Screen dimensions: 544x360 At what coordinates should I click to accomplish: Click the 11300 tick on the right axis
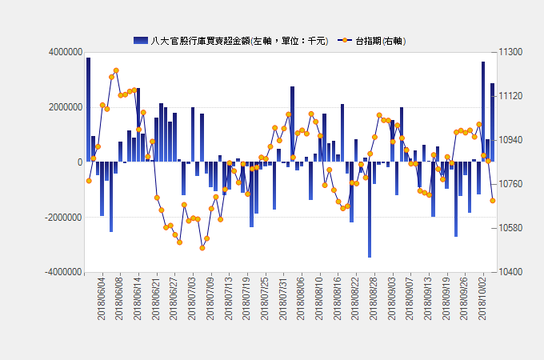(x=510, y=52)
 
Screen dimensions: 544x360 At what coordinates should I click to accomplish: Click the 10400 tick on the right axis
(x=510, y=272)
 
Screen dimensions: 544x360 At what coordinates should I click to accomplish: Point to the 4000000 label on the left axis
(x=66, y=52)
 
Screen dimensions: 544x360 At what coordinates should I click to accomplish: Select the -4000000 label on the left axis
(x=64, y=272)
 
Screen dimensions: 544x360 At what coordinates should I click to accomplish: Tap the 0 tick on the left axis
(x=80, y=162)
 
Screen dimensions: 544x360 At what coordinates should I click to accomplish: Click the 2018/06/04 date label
(x=102, y=298)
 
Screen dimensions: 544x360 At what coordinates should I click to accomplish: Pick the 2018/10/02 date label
(x=482, y=298)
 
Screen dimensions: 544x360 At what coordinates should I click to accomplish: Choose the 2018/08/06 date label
(x=301, y=298)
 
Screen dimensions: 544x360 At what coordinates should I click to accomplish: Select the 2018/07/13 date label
(x=228, y=298)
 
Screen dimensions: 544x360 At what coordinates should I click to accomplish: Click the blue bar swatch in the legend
(x=141, y=41)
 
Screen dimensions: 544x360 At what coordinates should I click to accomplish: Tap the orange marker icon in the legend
(x=345, y=40)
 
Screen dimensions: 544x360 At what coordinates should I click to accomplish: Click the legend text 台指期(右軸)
(x=381, y=41)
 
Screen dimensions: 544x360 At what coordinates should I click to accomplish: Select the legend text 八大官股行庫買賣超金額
(x=200, y=41)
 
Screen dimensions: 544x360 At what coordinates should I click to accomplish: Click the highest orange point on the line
(x=116, y=70)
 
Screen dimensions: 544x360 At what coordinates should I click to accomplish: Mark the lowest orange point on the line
(x=202, y=248)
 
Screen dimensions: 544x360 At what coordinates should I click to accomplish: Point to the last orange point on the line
(x=493, y=201)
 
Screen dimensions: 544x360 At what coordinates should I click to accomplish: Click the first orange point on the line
(x=89, y=181)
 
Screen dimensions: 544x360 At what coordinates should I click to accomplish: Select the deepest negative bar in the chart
(x=370, y=210)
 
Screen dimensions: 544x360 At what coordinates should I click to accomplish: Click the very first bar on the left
(x=89, y=110)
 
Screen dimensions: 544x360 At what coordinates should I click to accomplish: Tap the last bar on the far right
(x=492, y=122)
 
